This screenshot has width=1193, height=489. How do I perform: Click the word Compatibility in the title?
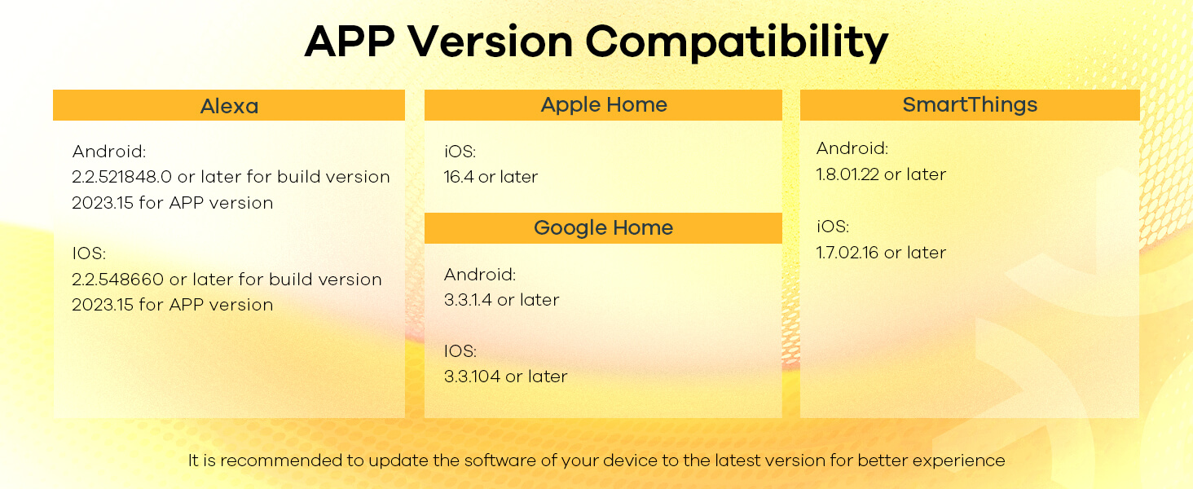pyautogui.click(x=737, y=42)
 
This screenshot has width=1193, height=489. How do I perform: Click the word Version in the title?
pyautogui.click(x=490, y=41)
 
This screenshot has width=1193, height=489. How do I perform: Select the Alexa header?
pyautogui.click(x=229, y=105)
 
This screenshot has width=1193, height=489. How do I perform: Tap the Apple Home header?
pyautogui.click(x=603, y=105)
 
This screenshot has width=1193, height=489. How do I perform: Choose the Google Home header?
pyautogui.click(x=603, y=228)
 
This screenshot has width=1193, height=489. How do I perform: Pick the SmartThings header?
pyautogui.click(x=970, y=105)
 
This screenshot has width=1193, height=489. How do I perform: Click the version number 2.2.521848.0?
pyautogui.click(x=122, y=177)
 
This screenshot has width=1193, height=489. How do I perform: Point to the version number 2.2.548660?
pyautogui.click(x=117, y=279)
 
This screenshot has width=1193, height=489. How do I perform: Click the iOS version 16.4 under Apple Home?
pyautogui.click(x=459, y=177)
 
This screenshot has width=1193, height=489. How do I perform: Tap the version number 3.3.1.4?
pyautogui.click(x=468, y=300)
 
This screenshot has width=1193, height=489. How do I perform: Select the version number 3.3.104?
pyautogui.click(x=473, y=377)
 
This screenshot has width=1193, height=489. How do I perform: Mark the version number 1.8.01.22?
pyautogui.click(x=847, y=174)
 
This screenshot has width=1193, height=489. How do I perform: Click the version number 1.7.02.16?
pyautogui.click(x=847, y=253)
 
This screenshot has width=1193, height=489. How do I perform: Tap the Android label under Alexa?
pyautogui.click(x=109, y=152)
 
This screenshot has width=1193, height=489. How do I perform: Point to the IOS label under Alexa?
pyautogui.click(x=89, y=253)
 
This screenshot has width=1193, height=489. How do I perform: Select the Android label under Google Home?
pyautogui.click(x=480, y=275)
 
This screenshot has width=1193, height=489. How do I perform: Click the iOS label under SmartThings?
pyautogui.click(x=833, y=227)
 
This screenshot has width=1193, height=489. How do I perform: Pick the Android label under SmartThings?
pyautogui.click(x=852, y=148)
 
